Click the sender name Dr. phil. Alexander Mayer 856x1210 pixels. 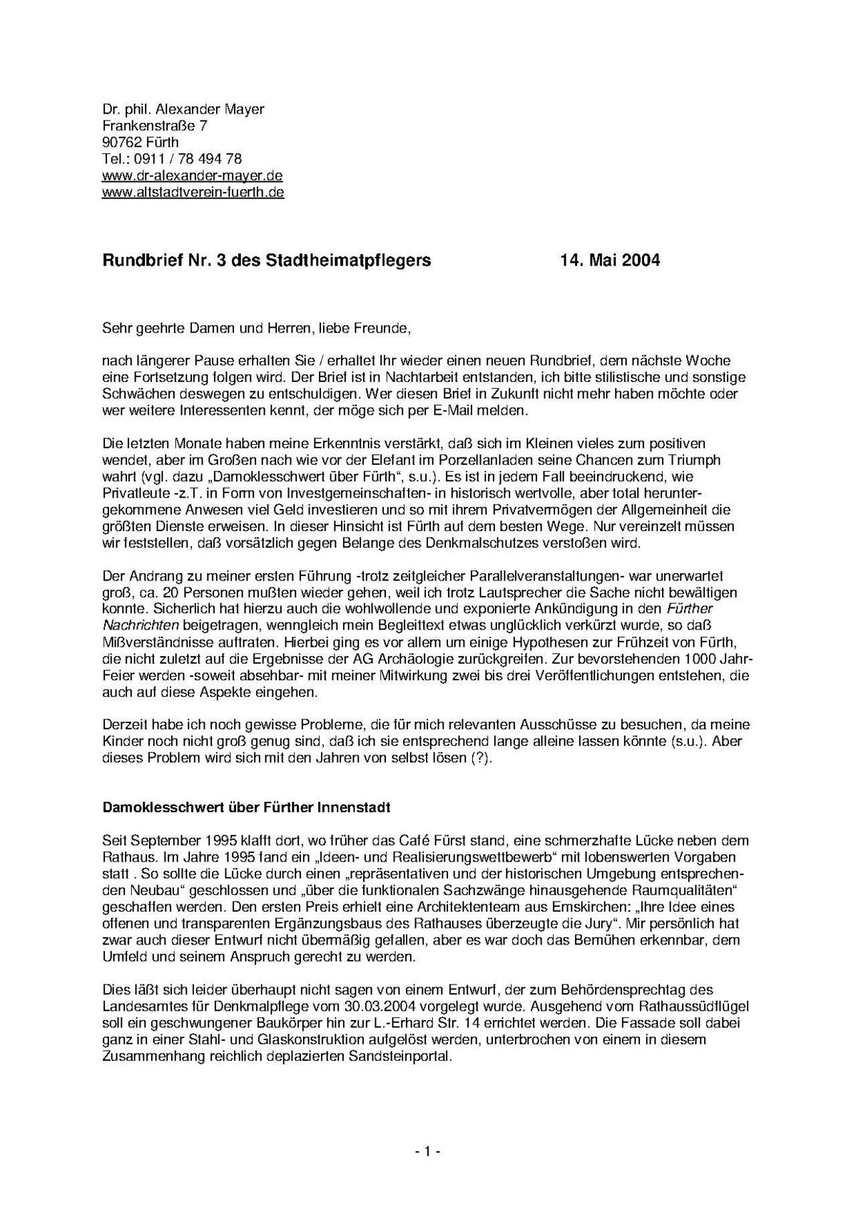[x=183, y=109]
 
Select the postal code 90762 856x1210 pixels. [x=122, y=142]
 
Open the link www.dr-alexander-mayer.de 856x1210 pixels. [x=192, y=176]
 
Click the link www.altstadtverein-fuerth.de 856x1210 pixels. [x=193, y=193]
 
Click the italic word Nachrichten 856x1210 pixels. [x=140, y=625]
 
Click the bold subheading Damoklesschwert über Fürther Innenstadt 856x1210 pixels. [x=246, y=807]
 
